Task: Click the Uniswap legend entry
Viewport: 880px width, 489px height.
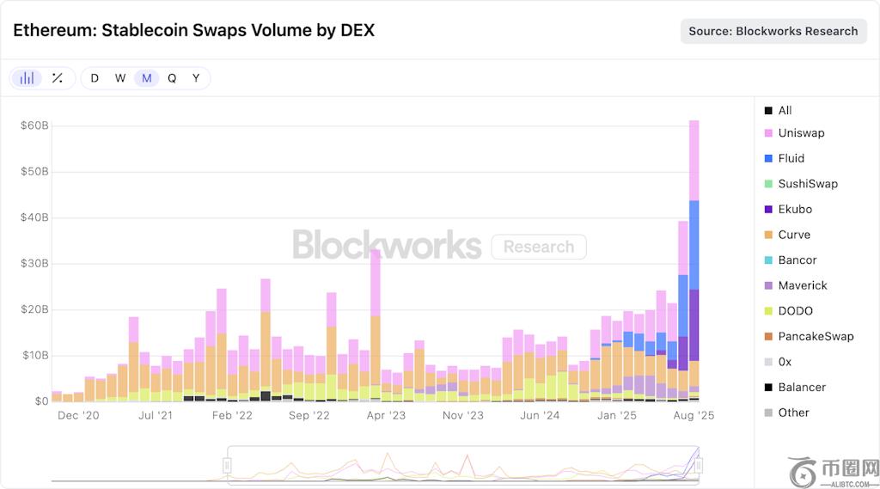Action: pos(800,133)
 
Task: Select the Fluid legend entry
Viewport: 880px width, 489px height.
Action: pos(791,158)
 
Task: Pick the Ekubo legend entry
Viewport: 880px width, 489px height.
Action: pos(794,209)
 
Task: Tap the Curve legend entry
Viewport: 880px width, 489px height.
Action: pos(793,235)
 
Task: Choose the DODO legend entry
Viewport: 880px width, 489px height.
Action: pos(795,311)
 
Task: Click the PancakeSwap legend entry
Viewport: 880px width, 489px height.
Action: pos(815,336)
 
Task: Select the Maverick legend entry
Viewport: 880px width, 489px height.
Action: pos(801,285)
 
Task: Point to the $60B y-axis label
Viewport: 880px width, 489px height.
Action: pos(35,125)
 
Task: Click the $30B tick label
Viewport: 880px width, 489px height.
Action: pos(35,264)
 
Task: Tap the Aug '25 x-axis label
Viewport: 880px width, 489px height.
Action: pos(694,415)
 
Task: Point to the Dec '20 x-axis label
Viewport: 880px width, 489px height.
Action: pos(79,415)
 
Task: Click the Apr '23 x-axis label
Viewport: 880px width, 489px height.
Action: pos(386,415)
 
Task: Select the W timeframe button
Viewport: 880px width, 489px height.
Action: pos(120,78)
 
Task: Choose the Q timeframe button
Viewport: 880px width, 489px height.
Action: pos(172,78)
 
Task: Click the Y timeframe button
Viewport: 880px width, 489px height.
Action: pos(196,78)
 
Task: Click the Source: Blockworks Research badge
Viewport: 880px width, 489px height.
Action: pos(773,31)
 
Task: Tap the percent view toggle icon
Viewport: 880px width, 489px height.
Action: pos(58,78)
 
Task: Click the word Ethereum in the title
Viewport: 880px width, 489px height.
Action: pos(52,30)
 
